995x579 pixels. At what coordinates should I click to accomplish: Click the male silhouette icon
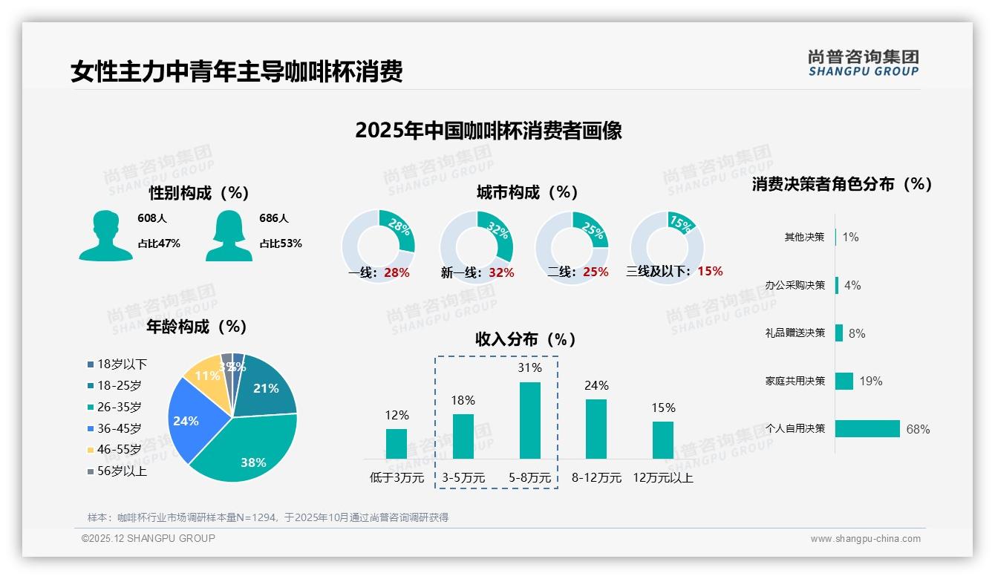(x=106, y=235)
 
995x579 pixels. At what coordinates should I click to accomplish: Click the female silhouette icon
(x=229, y=235)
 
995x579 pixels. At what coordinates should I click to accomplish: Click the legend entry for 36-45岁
(x=118, y=428)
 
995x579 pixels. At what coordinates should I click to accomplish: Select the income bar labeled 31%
(x=530, y=420)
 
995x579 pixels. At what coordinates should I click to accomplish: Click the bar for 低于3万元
(x=397, y=443)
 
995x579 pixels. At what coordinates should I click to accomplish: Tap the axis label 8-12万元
(x=596, y=477)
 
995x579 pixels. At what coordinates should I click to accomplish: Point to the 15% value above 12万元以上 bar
(x=663, y=408)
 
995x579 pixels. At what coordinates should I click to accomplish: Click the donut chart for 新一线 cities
(x=477, y=247)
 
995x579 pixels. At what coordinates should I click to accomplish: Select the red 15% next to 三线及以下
(x=710, y=271)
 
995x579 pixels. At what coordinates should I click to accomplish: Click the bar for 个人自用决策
(x=867, y=428)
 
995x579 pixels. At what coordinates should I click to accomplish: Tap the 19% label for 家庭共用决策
(x=871, y=381)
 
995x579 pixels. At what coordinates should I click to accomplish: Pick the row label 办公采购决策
(x=795, y=285)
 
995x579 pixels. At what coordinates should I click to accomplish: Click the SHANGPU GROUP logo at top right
(x=863, y=63)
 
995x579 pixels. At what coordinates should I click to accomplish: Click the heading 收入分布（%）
(x=526, y=339)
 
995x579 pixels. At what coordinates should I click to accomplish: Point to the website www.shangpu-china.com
(x=865, y=539)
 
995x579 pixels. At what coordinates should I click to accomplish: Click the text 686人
(x=274, y=218)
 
